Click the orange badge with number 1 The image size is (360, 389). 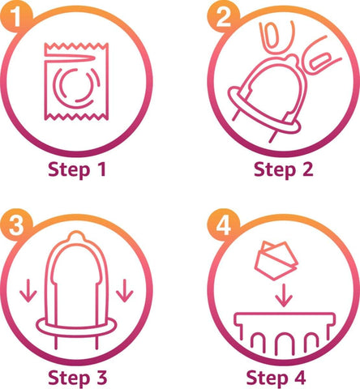coord(16,17)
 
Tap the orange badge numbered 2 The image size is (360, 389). coord(224,17)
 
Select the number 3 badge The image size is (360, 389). coord(16,224)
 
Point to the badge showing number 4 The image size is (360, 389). coord(224,224)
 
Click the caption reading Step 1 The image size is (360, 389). coord(77,170)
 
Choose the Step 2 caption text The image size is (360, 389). coord(284,170)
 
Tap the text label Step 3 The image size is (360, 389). coord(78,378)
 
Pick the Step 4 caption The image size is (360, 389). coord(276,378)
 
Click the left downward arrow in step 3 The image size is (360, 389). coord(28,291)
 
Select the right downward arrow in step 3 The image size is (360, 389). coord(125,291)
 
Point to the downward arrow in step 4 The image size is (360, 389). coord(284,295)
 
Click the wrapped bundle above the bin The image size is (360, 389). coord(276,261)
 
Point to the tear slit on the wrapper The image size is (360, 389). coord(70,58)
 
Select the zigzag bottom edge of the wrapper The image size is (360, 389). coord(76,117)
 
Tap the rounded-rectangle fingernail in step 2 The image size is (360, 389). coord(319,62)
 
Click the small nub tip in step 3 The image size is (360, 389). coord(76,236)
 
